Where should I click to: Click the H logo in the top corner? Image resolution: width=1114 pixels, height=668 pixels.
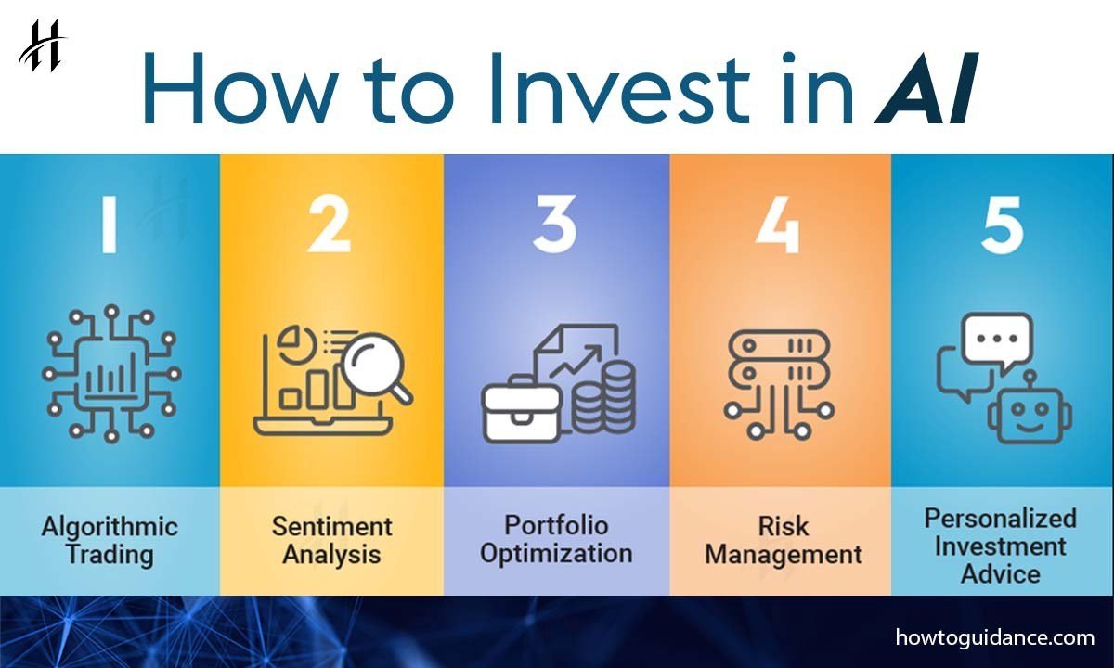(43, 46)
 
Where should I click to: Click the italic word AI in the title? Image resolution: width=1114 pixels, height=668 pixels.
(926, 87)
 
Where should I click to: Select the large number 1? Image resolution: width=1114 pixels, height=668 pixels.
(110, 225)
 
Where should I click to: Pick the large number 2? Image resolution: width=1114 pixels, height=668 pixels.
(330, 225)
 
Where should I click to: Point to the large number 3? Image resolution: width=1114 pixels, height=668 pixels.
(554, 225)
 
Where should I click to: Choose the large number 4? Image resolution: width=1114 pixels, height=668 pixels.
(778, 225)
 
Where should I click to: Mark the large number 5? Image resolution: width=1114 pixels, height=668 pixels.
(1002, 225)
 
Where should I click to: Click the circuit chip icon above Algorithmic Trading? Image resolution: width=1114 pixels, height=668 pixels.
(111, 374)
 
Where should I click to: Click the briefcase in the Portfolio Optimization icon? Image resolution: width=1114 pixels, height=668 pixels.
(521, 411)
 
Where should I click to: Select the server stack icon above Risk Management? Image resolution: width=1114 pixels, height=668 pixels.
(779, 384)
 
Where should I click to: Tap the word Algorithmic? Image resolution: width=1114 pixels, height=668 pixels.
(110, 527)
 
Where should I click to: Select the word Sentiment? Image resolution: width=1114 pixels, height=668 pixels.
(331, 526)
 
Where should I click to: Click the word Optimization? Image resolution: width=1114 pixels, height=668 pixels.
(556, 554)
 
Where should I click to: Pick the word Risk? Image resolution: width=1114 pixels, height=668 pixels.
(784, 526)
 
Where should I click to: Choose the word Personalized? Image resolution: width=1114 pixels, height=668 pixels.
(1001, 519)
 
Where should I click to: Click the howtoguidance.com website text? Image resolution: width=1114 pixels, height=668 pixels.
(995, 637)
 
